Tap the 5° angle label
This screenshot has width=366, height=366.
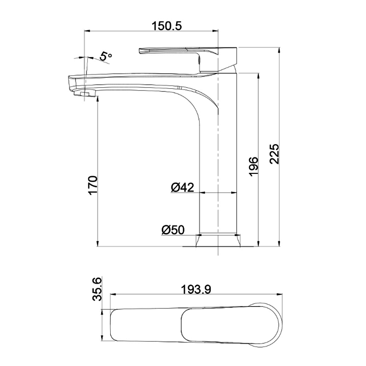click(106, 57)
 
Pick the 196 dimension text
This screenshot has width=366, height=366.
click(253, 166)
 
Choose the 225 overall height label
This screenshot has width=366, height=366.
click(274, 155)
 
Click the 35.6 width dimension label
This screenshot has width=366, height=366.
click(97, 289)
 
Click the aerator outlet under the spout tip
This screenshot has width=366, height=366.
click(85, 94)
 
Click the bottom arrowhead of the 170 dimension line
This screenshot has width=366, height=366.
click(98, 243)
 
